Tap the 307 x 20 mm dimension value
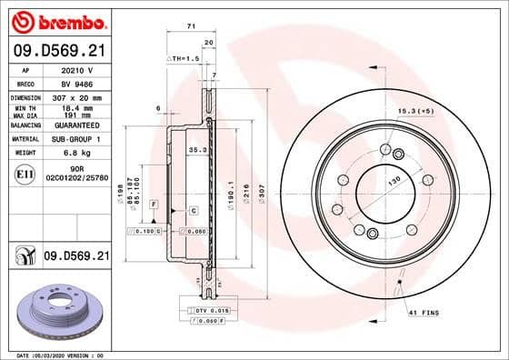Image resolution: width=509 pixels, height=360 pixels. pos(78,97)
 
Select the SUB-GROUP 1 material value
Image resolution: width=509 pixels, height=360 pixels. pos(77,139)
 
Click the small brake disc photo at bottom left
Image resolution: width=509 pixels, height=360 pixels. pos(56,312)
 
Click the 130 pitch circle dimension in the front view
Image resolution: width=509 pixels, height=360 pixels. pos(394,182)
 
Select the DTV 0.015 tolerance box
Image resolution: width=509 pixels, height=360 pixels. pos(209,312)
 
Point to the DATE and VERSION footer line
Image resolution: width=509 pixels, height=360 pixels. pos(55,355)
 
